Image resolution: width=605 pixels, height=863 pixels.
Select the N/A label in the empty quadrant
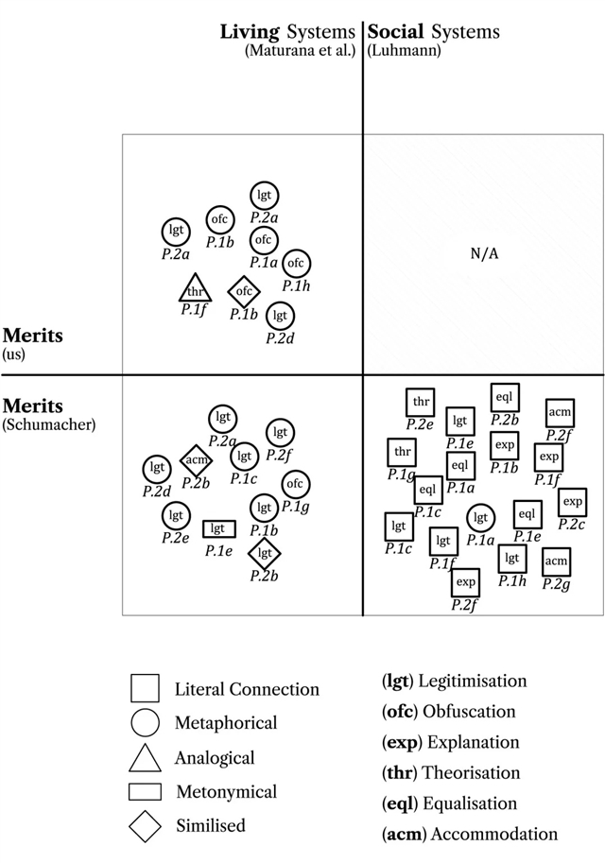[x=483, y=253]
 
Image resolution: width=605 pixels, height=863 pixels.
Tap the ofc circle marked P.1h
[x=296, y=264]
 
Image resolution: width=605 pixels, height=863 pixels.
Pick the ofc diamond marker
[x=244, y=291]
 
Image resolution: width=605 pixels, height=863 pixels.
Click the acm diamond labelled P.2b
[x=196, y=460]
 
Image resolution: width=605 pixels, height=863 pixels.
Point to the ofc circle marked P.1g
[x=295, y=484]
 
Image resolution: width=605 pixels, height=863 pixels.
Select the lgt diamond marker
[x=265, y=553]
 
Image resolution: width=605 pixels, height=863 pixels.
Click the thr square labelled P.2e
[x=421, y=402]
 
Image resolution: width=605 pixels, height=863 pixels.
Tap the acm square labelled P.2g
[x=556, y=561]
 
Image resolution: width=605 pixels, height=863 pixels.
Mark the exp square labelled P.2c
[x=573, y=502]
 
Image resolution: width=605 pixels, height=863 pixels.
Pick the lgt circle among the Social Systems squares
[x=480, y=518]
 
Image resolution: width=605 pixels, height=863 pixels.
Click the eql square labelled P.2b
[x=505, y=398]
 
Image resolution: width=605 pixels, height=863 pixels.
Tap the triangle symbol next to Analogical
[x=145, y=757]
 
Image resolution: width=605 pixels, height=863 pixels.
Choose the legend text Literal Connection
[x=247, y=689]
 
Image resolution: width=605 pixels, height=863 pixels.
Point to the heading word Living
[x=249, y=31]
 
